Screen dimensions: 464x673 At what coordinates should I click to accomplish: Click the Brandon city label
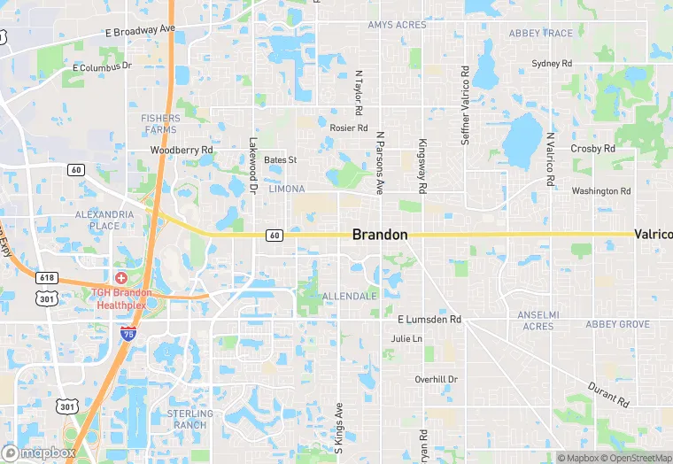(x=380, y=235)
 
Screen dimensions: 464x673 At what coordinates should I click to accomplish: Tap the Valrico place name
(x=653, y=235)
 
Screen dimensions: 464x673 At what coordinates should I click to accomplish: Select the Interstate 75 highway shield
(x=128, y=334)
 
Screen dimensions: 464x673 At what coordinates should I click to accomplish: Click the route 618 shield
(x=47, y=278)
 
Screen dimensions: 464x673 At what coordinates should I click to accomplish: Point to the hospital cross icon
(x=121, y=278)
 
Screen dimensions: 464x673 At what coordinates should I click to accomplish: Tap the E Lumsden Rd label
(x=429, y=319)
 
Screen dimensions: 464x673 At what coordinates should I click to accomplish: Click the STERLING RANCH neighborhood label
(x=190, y=419)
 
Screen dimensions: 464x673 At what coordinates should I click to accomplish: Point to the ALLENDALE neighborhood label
(x=349, y=295)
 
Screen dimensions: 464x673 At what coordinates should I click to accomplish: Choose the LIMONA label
(x=286, y=189)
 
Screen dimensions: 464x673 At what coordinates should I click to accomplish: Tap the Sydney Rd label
(x=552, y=64)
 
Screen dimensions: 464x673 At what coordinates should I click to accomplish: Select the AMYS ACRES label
(x=397, y=25)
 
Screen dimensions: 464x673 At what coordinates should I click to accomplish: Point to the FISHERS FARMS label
(x=159, y=124)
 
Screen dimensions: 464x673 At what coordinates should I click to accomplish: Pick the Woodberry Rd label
(x=182, y=151)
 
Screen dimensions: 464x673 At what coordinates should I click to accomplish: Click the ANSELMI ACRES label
(x=538, y=321)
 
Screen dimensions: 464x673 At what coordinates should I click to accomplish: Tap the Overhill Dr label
(x=437, y=379)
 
